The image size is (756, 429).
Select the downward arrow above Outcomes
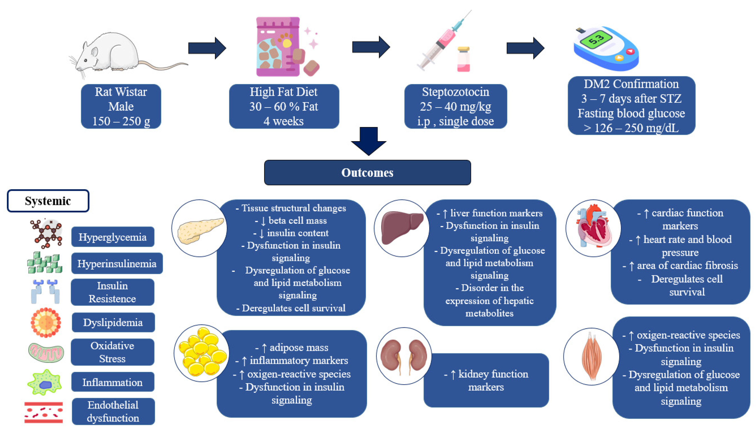pyautogui.click(x=368, y=141)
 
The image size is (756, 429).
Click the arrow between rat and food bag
pyautogui.click(x=207, y=48)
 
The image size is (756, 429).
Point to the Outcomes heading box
pyautogui.click(x=367, y=173)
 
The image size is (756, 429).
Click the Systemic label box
pyautogui.click(x=48, y=201)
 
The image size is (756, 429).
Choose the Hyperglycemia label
pyautogui.click(x=113, y=237)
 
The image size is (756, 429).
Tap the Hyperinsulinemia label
pyautogui.click(x=117, y=263)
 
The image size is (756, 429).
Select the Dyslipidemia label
pyautogui.click(x=113, y=322)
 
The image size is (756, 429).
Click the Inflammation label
pyautogui.click(x=113, y=382)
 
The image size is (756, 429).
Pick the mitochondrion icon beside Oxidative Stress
pyautogui.click(x=46, y=352)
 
